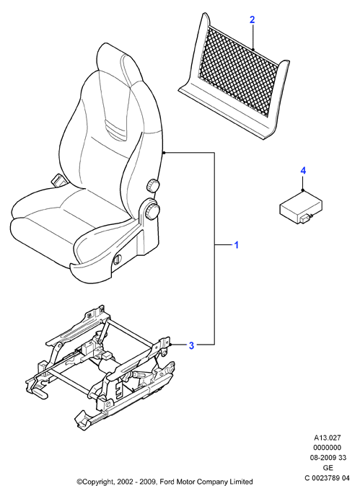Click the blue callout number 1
coord(236,245)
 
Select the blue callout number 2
coord(252,20)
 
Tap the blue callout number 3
coord(191,345)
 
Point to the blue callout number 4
coord(303,171)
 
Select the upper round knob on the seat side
coord(153,185)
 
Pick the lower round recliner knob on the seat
coord(152,211)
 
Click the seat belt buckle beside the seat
coord(58,181)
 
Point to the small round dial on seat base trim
coord(117,258)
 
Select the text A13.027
coord(327,438)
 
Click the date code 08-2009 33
coord(328,458)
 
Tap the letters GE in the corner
coord(328,468)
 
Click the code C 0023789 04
coord(327,478)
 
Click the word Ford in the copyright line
coord(167,482)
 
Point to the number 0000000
coord(328,448)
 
